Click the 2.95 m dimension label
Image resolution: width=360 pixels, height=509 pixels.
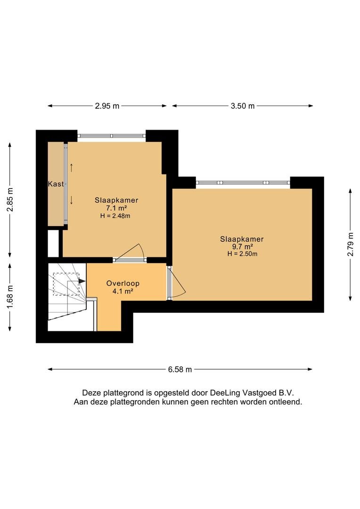click(107, 106)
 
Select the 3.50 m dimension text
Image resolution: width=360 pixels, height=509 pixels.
click(243, 106)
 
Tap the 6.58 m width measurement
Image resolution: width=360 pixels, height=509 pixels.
click(180, 369)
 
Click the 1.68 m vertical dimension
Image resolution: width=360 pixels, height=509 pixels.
click(10, 297)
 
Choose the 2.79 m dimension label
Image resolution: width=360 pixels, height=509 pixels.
click(350, 245)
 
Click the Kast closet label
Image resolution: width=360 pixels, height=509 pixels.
click(56, 184)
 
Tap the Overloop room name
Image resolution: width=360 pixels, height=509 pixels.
click(123, 283)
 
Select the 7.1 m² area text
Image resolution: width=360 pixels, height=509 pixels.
click(116, 208)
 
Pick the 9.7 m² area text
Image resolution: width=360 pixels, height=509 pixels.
click(242, 246)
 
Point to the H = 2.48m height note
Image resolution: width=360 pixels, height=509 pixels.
click(115, 216)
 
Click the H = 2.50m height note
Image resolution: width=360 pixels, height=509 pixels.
click(242, 254)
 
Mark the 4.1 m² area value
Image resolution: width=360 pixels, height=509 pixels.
click(123, 291)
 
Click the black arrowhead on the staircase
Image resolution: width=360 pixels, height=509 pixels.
click(82, 281)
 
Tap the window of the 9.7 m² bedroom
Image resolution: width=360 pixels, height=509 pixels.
click(243, 183)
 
